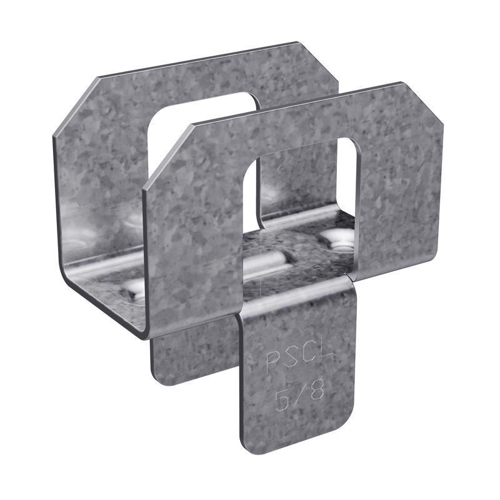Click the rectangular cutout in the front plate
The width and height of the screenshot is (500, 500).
(x=300, y=200)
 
